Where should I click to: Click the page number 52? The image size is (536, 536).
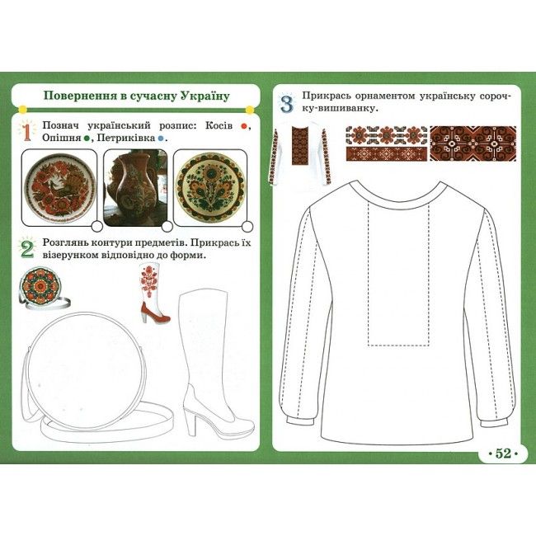point(503,454)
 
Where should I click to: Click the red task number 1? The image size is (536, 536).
point(26,132)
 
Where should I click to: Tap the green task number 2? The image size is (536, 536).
point(27,249)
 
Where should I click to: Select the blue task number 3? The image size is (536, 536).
point(287,104)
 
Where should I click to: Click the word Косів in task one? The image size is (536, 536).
point(219,125)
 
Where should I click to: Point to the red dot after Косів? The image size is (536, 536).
point(244,126)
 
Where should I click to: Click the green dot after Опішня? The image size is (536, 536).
point(87,138)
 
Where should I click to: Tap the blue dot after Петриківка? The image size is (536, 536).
point(160,138)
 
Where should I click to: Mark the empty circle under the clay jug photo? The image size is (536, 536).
point(167,226)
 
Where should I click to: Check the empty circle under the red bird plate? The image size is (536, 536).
point(97,226)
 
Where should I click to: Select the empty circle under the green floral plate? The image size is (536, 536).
point(247,226)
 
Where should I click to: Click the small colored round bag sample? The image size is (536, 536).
point(43,288)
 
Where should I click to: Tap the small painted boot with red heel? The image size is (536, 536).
point(153,294)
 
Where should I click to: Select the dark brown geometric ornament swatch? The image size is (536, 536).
point(473,143)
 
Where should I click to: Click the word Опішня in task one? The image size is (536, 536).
point(62,138)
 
